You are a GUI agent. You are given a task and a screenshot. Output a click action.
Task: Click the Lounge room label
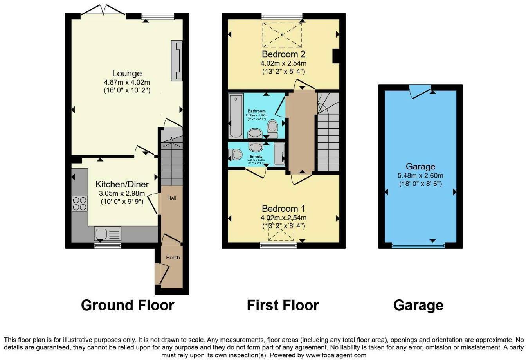coord(127,73)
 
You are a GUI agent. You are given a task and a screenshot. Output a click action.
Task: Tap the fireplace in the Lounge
coord(177,61)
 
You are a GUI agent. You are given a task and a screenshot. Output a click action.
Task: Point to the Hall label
coord(172,198)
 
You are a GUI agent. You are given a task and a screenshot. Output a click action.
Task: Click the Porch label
coord(173,257)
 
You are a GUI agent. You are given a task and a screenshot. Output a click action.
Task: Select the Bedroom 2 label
coord(283,54)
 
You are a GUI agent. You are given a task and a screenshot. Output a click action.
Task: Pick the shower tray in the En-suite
coord(279,155)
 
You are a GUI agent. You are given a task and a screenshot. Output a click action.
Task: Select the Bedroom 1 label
coord(283,209)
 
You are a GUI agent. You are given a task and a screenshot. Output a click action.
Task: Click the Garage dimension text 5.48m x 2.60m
coord(420,176)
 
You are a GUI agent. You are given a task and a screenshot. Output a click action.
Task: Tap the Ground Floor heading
coord(127,305)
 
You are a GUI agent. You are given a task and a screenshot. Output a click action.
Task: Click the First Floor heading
coord(283,305)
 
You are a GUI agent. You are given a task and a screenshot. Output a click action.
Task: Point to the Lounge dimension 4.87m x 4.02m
coord(127,82)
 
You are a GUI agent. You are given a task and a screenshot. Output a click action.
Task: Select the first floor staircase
coord(328,133)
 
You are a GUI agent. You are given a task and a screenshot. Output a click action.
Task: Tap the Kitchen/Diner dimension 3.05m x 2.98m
coord(122,193)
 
